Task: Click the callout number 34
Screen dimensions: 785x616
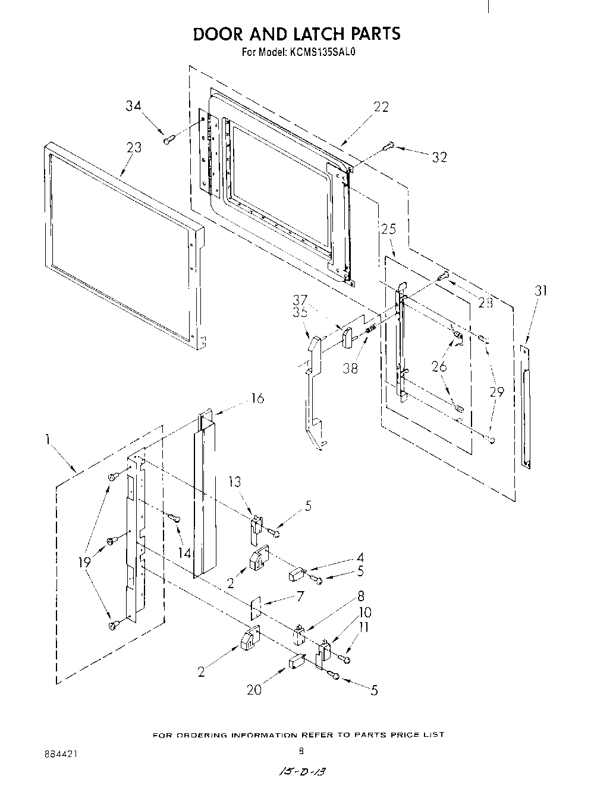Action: tap(133, 106)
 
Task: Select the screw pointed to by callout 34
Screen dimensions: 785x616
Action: tap(168, 140)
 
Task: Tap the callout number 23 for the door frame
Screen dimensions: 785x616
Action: tap(134, 147)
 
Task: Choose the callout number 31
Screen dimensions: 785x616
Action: tap(540, 291)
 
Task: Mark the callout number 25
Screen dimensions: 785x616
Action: tap(388, 229)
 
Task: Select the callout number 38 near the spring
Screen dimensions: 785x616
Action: tap(350, 368)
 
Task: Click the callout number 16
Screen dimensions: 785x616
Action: tap(257, 398)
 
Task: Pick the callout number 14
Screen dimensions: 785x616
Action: tap(185, 552)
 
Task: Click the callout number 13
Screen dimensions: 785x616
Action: tap(235, 481)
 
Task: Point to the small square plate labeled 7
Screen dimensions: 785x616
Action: tap(256, 608)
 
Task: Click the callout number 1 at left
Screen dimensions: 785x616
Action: tap(46, 440)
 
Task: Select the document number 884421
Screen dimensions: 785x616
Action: tap(60, 753)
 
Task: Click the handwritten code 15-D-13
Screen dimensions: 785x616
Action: tap(302, 771)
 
